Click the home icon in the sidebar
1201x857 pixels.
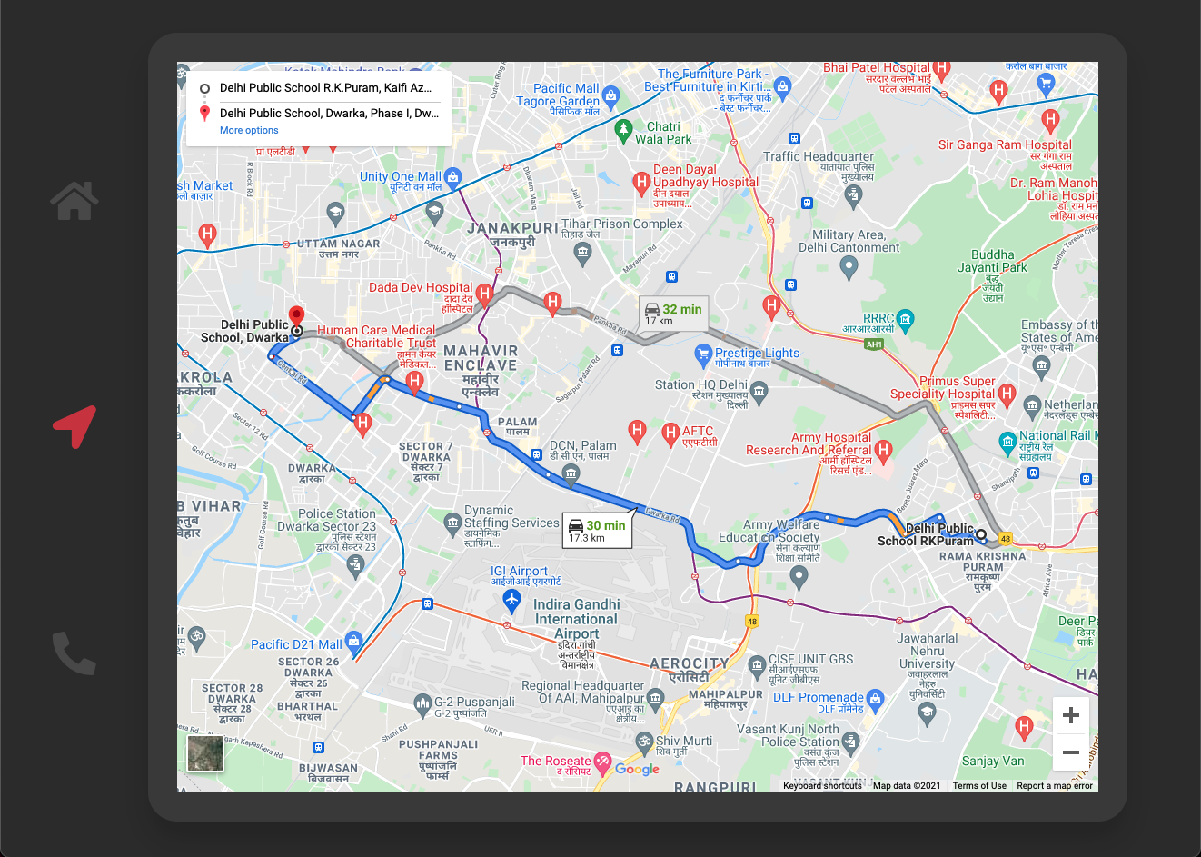(x=74, y=201)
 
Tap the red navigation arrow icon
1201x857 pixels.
(x=75, y=425)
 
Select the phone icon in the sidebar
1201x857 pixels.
(x=74, y=653)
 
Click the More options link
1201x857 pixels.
(x=249, y=131)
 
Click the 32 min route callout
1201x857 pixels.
(x=673, y=314)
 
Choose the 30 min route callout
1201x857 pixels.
(x=597, y=531)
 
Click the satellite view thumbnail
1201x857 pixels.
(x=205, y=753)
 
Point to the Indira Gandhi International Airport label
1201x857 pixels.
(x=577, y=618)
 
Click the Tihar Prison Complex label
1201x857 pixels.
(x=622, y=224)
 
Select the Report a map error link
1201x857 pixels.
(x=1055, y=786)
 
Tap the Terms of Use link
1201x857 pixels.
(x=979, y=786)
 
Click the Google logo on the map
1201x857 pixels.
(x=637, y=769)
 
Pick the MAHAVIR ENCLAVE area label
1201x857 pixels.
(x=481, y=358)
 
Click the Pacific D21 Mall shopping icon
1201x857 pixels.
(x=354, y=642)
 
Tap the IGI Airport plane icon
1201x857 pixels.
(x=511, y=600)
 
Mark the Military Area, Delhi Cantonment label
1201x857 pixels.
(x=849, y=241)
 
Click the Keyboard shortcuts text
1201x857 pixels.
(x=822, y=786)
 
